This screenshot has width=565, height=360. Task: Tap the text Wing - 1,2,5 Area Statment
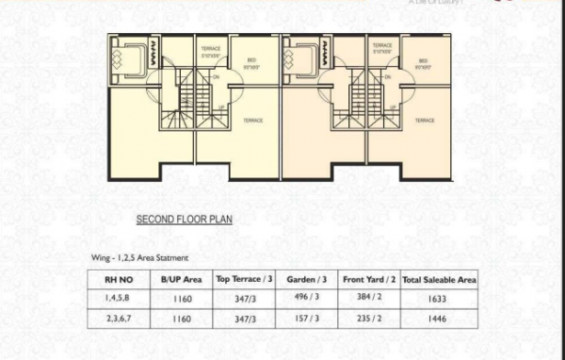pyautogui.click(x=138, y=256)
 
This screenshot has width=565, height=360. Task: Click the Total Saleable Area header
pyautogui.click(x=440, y=280)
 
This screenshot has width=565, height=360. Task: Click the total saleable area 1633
pyautogui.click(x=440, y=299)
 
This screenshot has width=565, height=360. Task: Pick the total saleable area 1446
pyautogui.click(x=440, y=319)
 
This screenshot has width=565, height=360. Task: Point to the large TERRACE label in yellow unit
pyautogui.click(x=253, y=121)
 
